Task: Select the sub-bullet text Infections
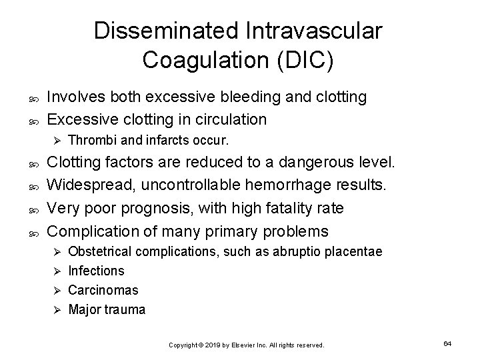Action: (97, 271)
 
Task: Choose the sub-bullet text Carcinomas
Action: (103, 290)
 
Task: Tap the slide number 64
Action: (447, 343)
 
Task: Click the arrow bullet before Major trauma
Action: (57, 310)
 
